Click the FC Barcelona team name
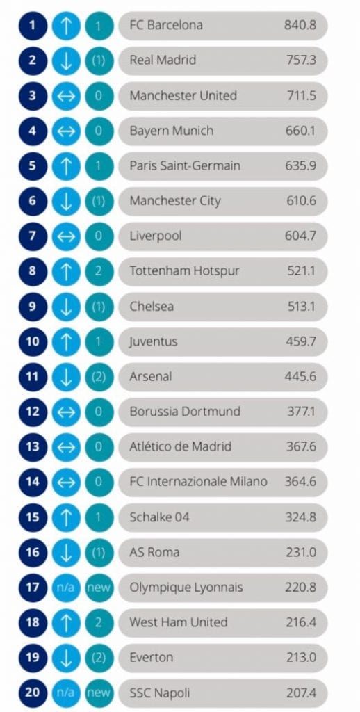click(x=165, y=25)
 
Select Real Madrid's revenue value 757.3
click(x=300, y=60)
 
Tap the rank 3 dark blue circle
click(x=33, y=95)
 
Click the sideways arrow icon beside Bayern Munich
click(x=66, y=131)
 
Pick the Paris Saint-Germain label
click(x=185, y=165)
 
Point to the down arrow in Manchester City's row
click(x=66, y=201)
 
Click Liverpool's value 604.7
click(x=300, y=236)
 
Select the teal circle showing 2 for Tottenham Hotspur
click(x=99, y=271)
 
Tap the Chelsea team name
click(x=152, y=307)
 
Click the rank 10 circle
click(x=33, y=341)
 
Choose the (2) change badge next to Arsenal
click(x=99, y=377)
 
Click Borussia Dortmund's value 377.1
click(x=302, y=412)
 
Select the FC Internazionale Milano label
click(x=198, y=482)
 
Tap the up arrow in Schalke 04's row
click(x=66, y=517)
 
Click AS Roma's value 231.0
click(x=301, y=553)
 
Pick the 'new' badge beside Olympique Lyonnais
click(x=99, y=588)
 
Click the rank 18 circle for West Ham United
click(x=33, y=622)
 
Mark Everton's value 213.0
click(x=301, y=658)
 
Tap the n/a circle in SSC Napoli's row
click(x=66, y=693)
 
